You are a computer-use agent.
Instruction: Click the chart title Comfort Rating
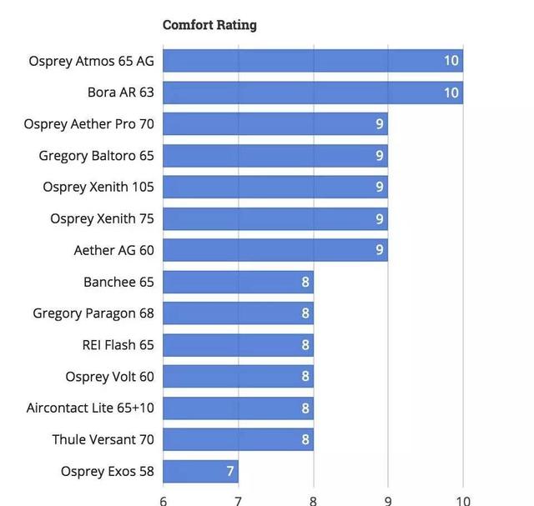tap(209, 25)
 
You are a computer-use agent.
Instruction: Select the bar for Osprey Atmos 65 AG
tap(312, 61)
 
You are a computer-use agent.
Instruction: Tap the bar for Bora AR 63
tap(312, 93)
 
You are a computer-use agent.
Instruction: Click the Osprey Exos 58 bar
tap(200, 471)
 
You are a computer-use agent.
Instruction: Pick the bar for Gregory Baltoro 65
tap(275, 156)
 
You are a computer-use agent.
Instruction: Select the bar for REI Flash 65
tap(238, 345)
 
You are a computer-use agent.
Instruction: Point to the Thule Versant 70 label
tap(103, 439)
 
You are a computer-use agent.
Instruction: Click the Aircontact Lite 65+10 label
tap(90, 408)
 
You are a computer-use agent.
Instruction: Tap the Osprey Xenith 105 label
tap(98, 187)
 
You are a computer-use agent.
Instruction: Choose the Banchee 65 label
tap(118, 282)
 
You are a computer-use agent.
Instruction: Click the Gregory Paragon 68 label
tap(93, 313)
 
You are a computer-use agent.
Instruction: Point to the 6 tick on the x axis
tap(164, 500)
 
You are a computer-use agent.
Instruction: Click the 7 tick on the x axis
tap(239, 500)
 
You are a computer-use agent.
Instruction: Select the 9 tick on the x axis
tap(388, 500)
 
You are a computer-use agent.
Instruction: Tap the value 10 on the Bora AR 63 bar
tap(451, 93)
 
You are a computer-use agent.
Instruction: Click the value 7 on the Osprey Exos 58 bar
tap(230, 471)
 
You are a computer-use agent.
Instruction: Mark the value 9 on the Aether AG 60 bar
tap(380, 250)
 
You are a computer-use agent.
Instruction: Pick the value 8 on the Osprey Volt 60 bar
tap(305, 377)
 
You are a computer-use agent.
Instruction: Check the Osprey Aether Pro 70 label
tap(89, 124)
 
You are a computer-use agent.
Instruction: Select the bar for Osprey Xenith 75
tap(275, 218)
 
